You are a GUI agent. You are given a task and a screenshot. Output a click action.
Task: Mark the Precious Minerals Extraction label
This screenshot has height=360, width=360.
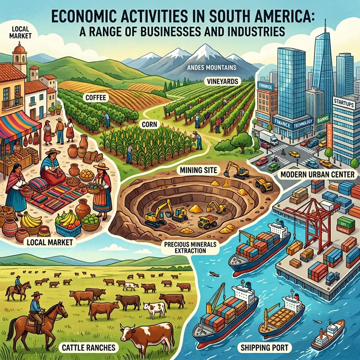[x=194, y=247]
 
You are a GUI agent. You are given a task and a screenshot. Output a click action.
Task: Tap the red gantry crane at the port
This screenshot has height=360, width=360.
[x=306, y=211]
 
